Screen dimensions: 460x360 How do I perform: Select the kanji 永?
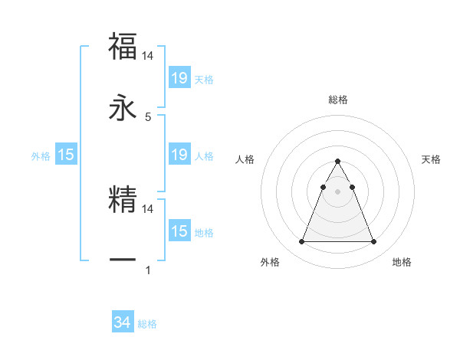click(123, 109)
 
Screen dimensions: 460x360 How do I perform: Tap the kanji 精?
click(123, 200)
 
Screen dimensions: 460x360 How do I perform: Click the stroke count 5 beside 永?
click(148, 117)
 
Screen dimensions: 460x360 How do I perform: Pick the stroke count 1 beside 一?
click(148, 270)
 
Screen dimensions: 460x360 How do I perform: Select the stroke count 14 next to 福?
click(148, 55)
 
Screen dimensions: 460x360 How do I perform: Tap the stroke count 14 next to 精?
click(148, 208)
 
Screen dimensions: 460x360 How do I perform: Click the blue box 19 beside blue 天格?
click(179, 78)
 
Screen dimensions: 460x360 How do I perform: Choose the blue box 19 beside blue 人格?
click(179, 155)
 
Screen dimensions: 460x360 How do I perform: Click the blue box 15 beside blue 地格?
click(179, 231)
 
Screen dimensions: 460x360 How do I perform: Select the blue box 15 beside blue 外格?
click(66, 155)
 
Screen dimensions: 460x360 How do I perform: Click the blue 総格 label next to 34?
click(147, 324)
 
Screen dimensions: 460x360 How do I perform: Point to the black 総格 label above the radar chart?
click(337, 100)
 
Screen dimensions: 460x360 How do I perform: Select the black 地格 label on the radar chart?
click(402, 262)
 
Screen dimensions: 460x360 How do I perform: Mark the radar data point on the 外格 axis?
click(301, 242)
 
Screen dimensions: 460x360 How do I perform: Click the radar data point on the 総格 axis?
click(337, 161)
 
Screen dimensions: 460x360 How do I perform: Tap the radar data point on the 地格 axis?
click(373, 242)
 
